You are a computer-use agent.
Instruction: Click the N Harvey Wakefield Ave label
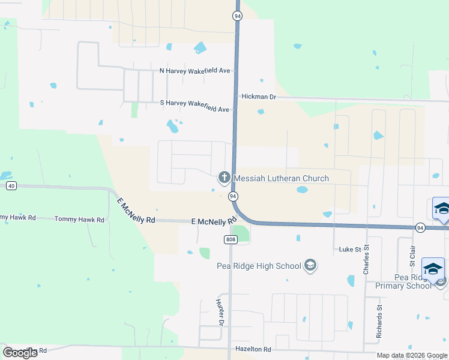194,71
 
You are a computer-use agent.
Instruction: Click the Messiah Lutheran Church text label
281,178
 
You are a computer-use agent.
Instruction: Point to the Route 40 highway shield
11,186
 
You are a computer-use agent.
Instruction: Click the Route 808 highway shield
231,239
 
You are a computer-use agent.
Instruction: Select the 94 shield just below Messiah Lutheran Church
234,196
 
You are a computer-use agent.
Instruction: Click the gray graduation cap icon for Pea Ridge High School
310,265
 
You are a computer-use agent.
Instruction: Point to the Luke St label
348,248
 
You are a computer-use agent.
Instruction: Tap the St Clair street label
412,255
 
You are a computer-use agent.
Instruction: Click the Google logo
20,353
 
